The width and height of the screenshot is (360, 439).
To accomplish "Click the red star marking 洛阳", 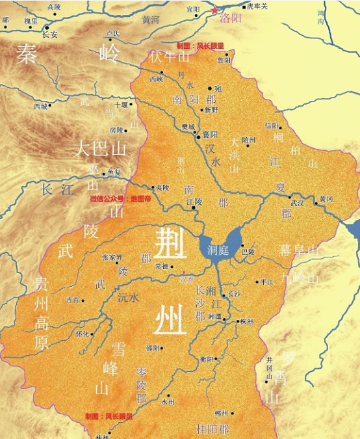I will (x=215, y=10).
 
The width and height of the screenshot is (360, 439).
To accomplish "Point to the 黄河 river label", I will (x=151, y=20).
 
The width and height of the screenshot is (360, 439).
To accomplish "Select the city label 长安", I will (x=50, y=35).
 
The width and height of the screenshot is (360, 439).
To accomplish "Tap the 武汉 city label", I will (x=297, y=203).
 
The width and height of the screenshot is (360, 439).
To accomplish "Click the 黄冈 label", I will (x=326, y=199).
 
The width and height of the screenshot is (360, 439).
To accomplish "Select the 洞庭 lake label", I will (x=218, y=250).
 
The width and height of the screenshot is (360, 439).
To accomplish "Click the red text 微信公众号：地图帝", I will (x=121, y=198).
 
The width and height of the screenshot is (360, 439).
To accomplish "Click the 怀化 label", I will (x=82, y=334).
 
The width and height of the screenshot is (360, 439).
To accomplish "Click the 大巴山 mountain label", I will (x=100, y=149).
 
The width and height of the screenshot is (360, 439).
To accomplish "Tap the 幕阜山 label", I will (x=300, y=250).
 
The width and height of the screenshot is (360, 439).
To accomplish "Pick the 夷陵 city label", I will (x=162, y=187).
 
